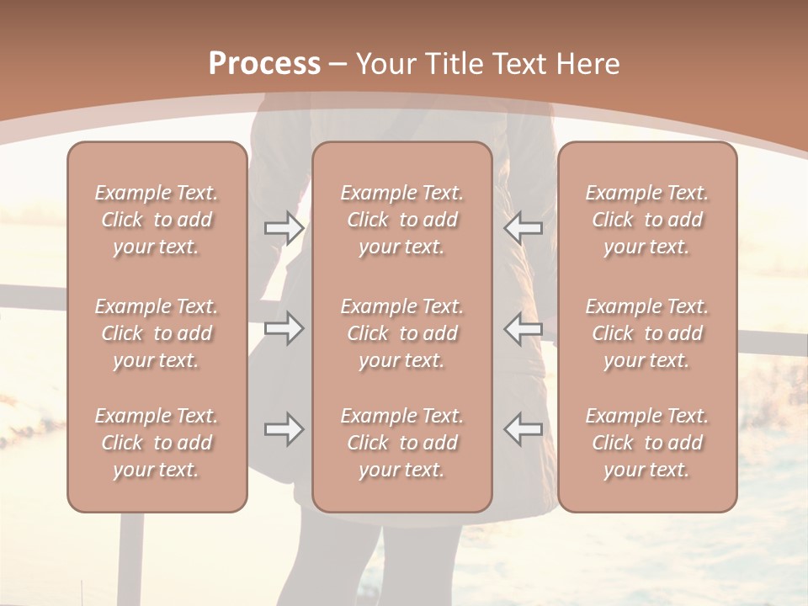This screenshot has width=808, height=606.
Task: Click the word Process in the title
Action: pos(264,64)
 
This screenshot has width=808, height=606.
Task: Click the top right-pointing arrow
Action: pos(284,227)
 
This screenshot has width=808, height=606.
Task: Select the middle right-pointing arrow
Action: pos(284,328)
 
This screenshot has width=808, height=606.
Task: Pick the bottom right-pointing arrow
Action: pos(284,429)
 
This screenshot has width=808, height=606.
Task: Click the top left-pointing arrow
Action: pos(524,227)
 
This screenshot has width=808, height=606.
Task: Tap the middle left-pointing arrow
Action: pos(524,328)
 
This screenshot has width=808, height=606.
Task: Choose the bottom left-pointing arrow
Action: pos(524,429)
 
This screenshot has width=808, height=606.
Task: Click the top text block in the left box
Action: pos(157,220)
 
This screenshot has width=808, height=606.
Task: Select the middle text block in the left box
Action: pos(157,333)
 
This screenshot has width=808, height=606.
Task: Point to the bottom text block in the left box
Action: pos(157,443)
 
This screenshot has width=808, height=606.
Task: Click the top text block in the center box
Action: pos(402,220)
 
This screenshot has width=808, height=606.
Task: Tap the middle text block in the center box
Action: pos(402,333)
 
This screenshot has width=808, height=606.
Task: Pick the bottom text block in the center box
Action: pos(402,443)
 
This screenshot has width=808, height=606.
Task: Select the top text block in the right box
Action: pos(647,220)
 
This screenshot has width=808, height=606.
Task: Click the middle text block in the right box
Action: pos(647,333)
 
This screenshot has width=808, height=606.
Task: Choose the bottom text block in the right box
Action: pos(647,443)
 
